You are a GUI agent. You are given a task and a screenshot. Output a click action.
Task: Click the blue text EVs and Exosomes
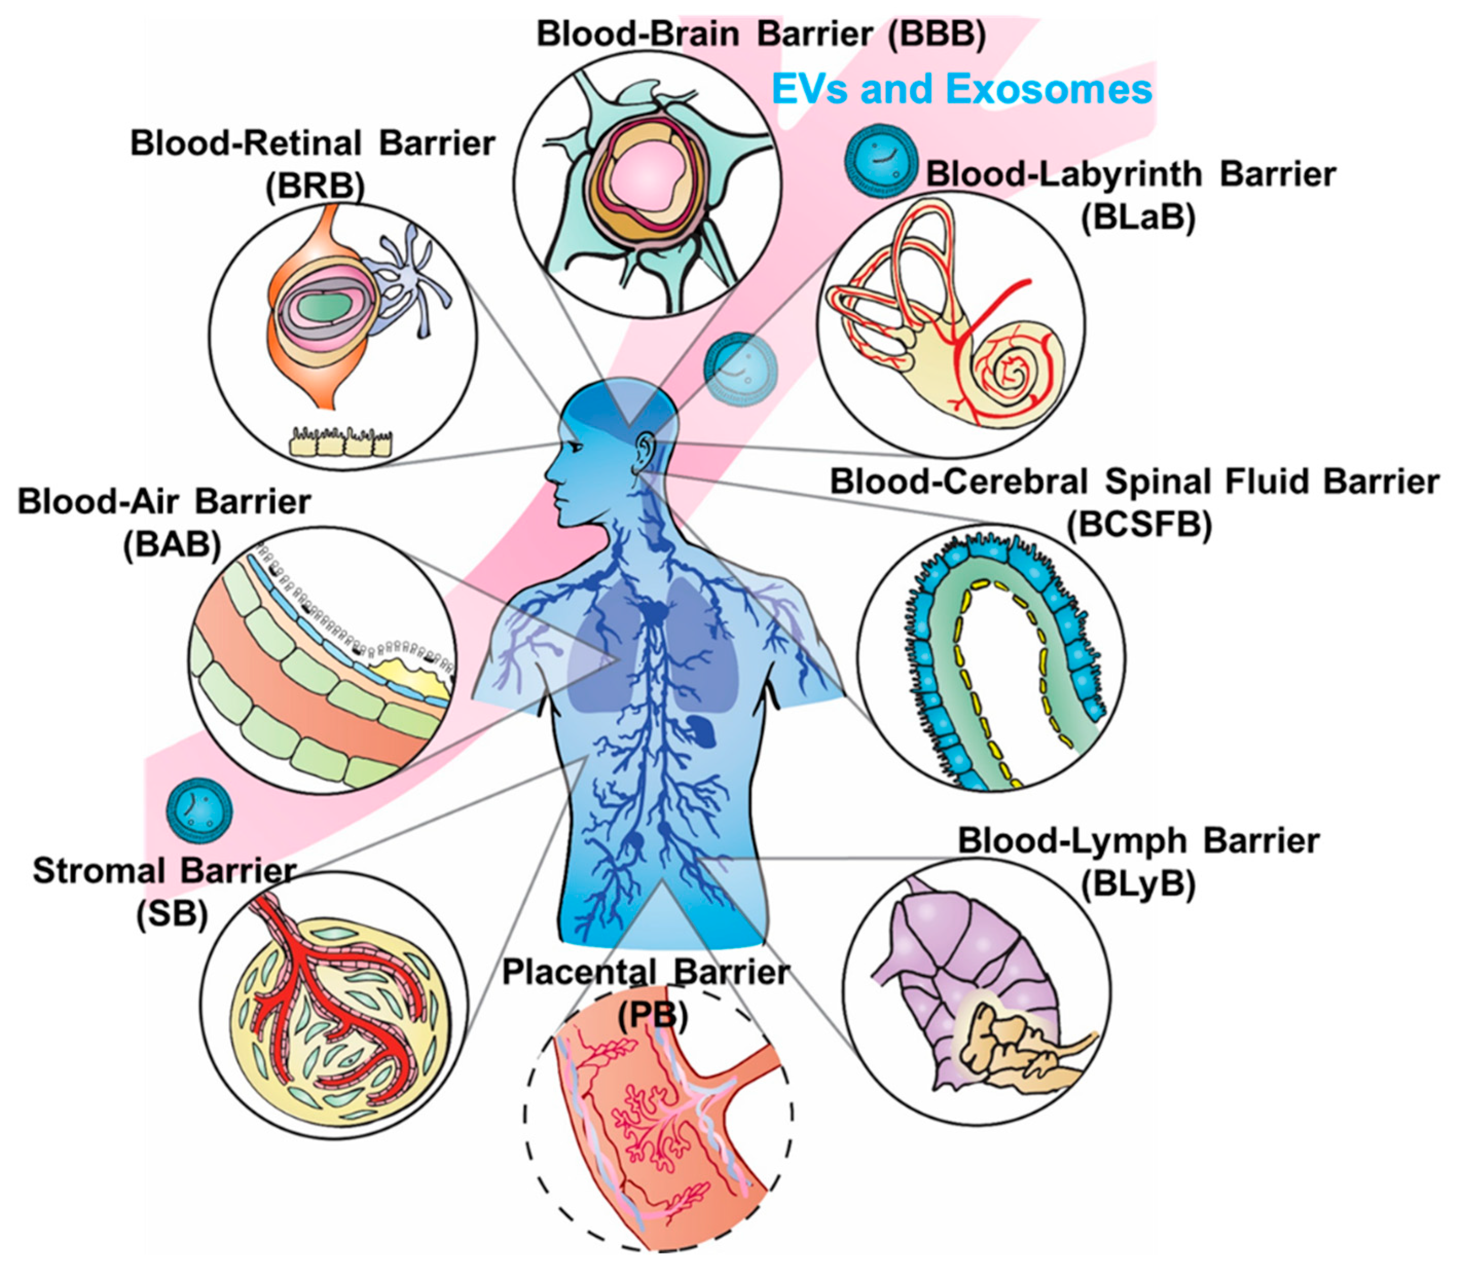click(x=961, y=90)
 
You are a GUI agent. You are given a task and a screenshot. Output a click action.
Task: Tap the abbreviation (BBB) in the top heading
click(x=936, y=34)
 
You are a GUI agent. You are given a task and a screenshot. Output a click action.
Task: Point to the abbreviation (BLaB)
click(x=1138, y=216)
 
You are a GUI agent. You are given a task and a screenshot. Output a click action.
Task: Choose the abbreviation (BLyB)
click(x=1138, y=884)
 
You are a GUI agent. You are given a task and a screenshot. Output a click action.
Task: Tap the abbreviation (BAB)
click(x=172, y=545)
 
